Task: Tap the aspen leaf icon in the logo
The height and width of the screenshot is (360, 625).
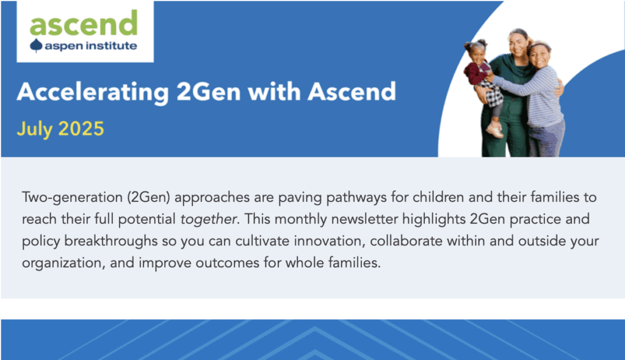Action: coord(36,46)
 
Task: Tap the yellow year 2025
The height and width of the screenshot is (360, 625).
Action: coord(81,129)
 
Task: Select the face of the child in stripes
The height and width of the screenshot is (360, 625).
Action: coord(540,56)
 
